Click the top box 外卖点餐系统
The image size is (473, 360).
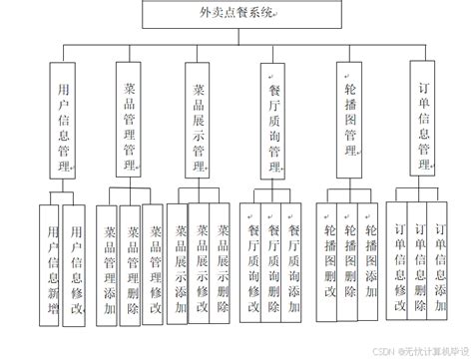(236, 15)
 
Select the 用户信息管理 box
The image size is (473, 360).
(62, 120)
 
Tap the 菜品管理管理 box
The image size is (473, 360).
(128, 120)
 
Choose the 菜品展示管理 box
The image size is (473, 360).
(199, 120)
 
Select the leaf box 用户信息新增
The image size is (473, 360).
(50, 265)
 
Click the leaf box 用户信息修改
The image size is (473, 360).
(74, 265)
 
